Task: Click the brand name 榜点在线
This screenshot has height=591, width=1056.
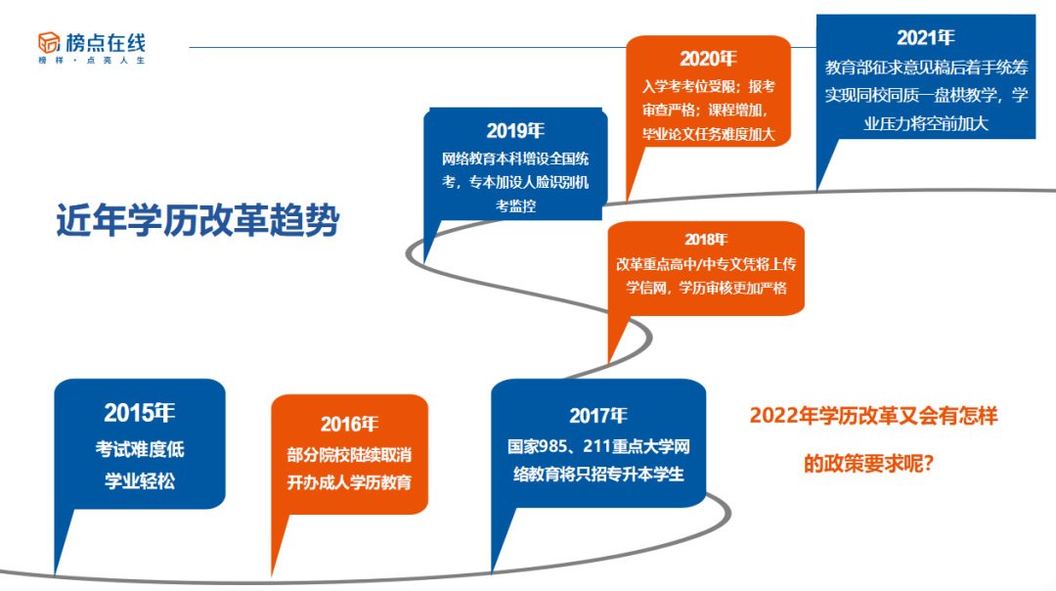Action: click(105, 41)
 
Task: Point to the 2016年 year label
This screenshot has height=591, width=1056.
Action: click(349, 424)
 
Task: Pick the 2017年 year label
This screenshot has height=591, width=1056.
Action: click(598, 414)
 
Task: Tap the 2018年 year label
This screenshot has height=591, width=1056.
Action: click(705, 239)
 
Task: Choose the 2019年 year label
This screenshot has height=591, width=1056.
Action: click(515, 131)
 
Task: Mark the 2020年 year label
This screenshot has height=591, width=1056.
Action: click(708, 59)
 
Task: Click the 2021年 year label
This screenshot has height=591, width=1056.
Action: click(925, 37)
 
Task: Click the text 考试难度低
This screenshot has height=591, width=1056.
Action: click(139, 450)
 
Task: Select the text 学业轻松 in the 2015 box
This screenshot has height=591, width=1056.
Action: click(139, 480)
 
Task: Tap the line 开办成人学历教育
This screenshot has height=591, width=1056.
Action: click(349, 482)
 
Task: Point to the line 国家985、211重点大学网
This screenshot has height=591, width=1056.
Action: click(598, 447)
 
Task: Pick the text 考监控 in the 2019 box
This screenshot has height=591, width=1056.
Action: click(515, 206)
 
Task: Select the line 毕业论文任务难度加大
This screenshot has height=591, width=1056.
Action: click(708, 135)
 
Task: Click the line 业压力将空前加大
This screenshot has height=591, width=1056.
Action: click(925, 123)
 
